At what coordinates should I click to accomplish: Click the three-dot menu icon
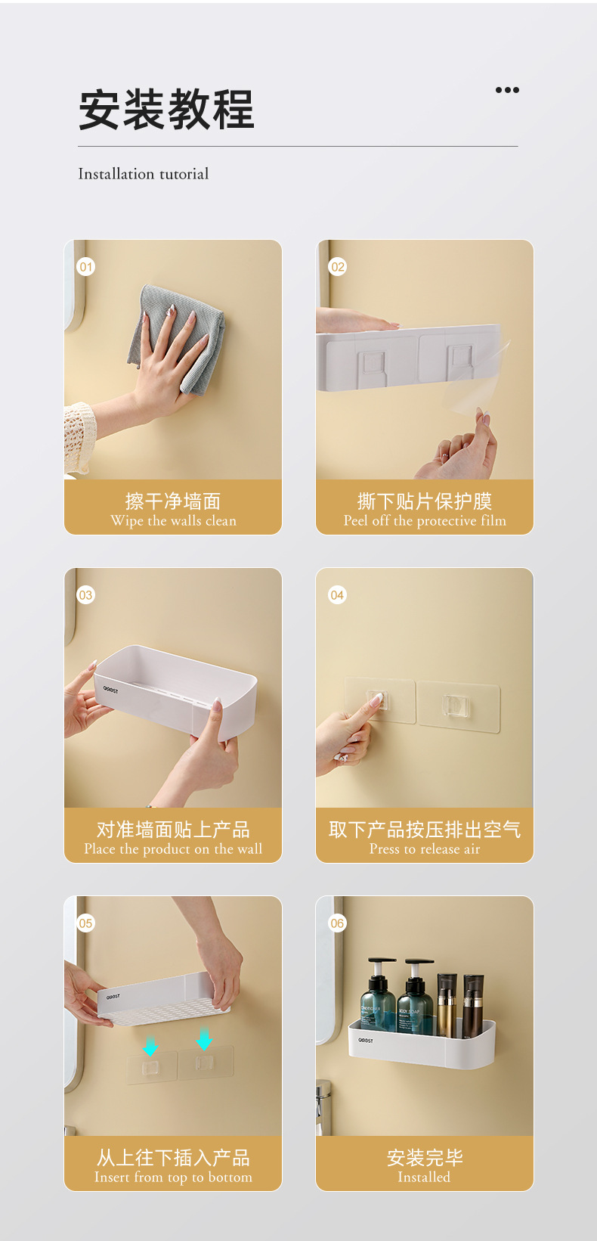(x=507, y=90)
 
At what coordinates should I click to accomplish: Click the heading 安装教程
(x=166, y=110)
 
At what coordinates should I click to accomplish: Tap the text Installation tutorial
(x=144, y=174)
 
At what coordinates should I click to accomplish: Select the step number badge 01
(x=86, y=267)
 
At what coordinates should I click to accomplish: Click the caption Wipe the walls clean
(x=173, y=521)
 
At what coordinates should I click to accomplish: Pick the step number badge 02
(x=337, y=267)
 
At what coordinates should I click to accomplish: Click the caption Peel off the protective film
(x=425, y=521)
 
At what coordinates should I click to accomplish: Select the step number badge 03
(x=86, y=595)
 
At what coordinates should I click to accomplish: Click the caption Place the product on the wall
(x=173, y=849)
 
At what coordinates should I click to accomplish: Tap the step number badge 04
(x=337, y=595)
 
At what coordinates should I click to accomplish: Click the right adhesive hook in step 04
(x=459, y=706)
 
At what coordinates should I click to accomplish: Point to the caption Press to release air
(x=425, y=849)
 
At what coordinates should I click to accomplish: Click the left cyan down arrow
(x=150, y=1046)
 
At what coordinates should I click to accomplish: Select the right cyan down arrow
(x=204, y=1039)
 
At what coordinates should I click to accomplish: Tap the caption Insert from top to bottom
(x=173, y=1177)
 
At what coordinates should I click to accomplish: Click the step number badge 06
(x=337, y=923)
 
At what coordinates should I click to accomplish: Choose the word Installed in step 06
(x=424, y=1177)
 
